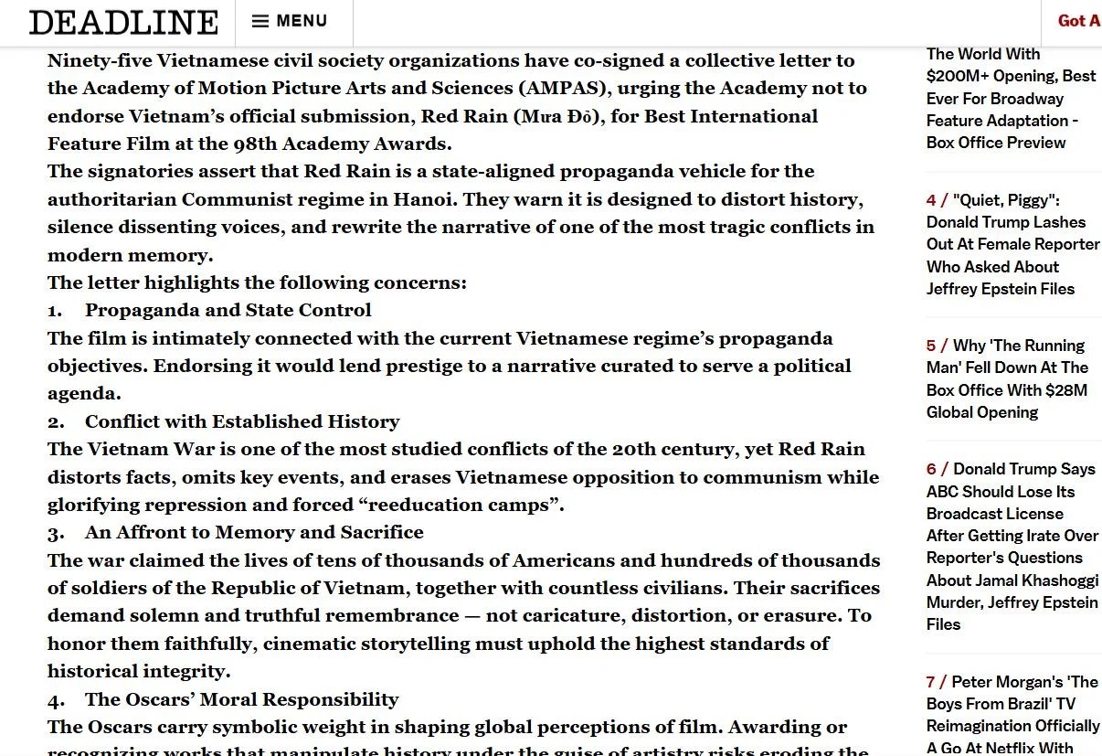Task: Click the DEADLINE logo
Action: pyautogui.click(x=123, y=22)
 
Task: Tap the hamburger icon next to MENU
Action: pyautogui.click(x=260, y=21)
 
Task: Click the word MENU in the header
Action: pyautogui.click(x=302, y=21)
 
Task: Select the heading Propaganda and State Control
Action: pyautogui.click(x=228, y=311)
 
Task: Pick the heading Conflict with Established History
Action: pyautogui.click(x=242, y=421)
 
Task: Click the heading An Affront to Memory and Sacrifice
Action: pyautogui.click(x=254, y=532)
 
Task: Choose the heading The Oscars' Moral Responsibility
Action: pyautogui.click(x=241, y=699)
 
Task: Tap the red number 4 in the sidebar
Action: pyautogui.click(x=931, y=200)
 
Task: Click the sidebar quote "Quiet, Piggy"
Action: pyautogui.click(x=1006, y=200)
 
